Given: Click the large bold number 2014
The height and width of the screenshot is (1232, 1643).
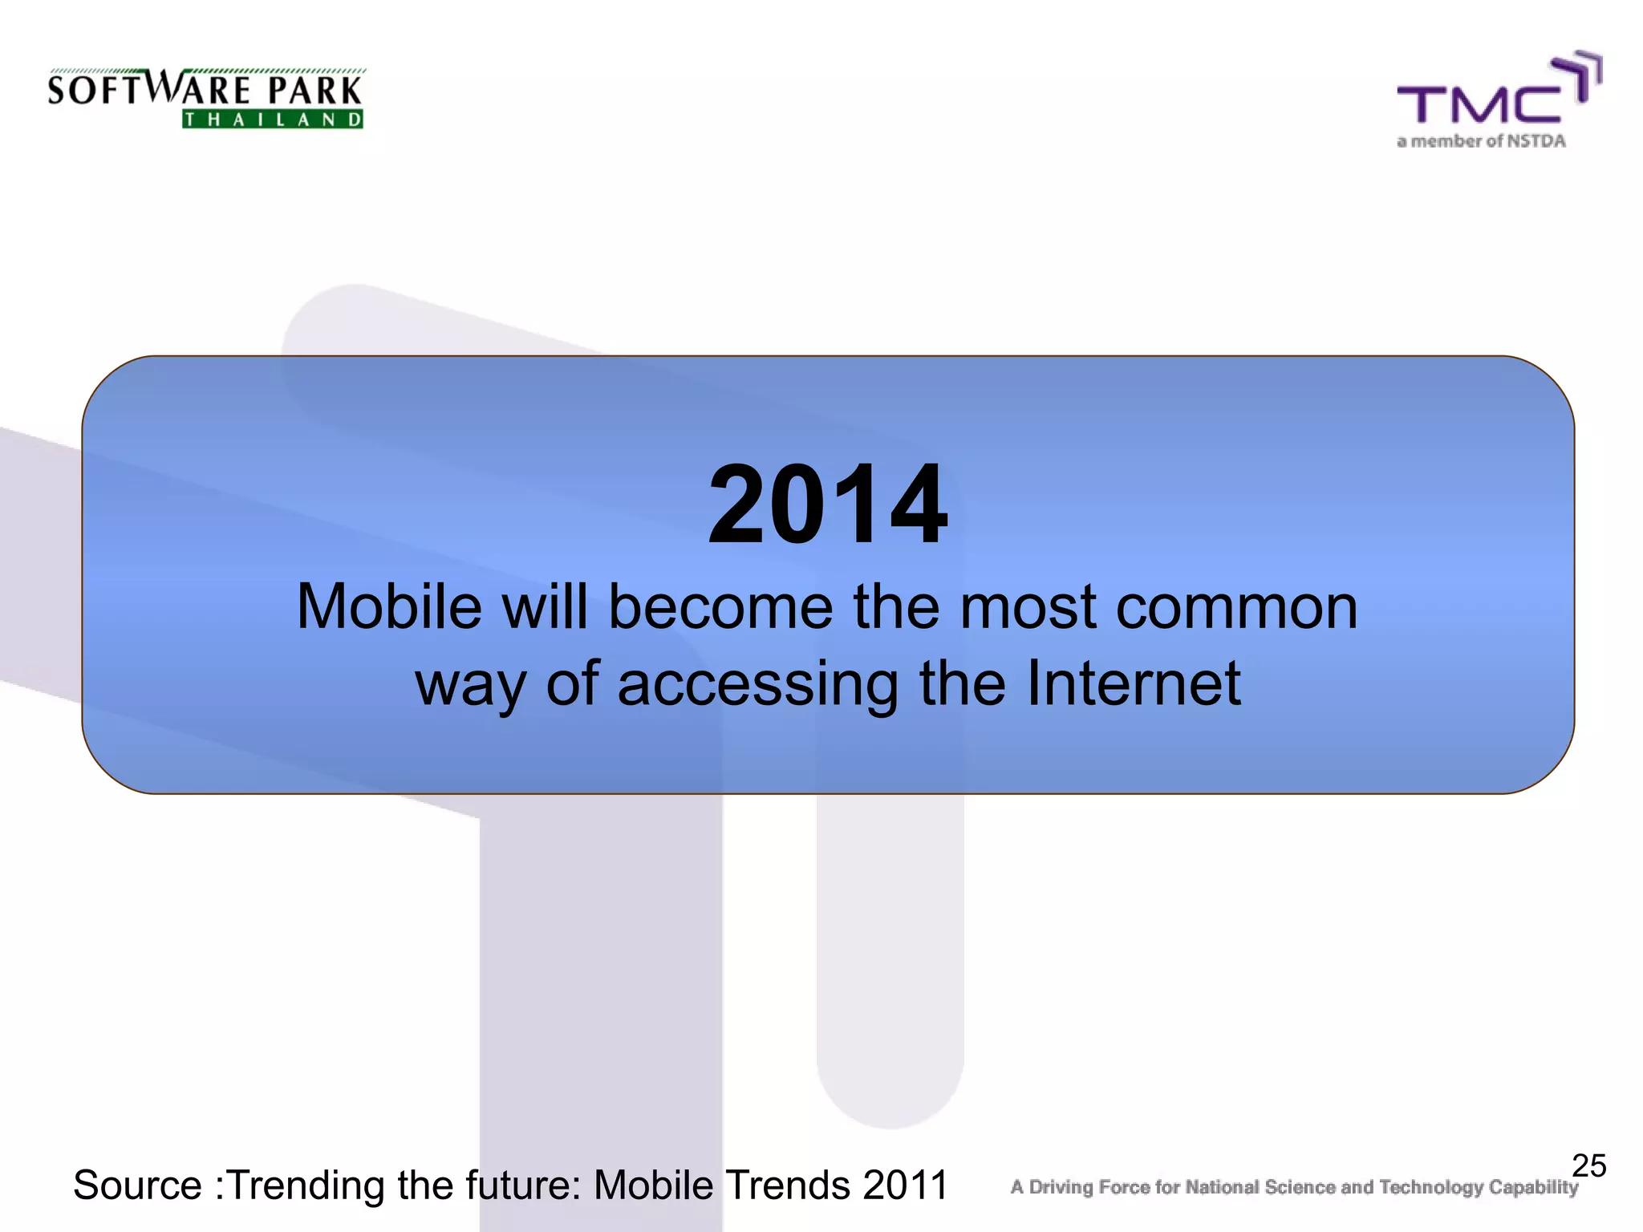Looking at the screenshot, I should point(828,505).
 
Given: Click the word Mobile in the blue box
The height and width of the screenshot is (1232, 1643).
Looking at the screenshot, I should point(389,607).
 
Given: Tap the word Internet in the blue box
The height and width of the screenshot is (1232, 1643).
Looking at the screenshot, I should point(1134,683).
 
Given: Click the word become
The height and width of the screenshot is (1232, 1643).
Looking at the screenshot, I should point(720,607).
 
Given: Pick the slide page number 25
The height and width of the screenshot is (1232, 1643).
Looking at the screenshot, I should point(1588,1165).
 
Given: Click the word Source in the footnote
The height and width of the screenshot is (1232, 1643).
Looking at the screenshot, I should point(137,1185).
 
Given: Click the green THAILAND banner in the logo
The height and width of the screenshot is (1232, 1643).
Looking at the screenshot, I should point(273,120).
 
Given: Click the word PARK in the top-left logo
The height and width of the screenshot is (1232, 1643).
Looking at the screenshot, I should point(314,90).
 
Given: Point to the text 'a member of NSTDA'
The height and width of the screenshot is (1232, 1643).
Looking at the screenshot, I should point(1481,142).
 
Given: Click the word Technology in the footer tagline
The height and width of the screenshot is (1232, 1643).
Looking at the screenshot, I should point(1430,1187).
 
